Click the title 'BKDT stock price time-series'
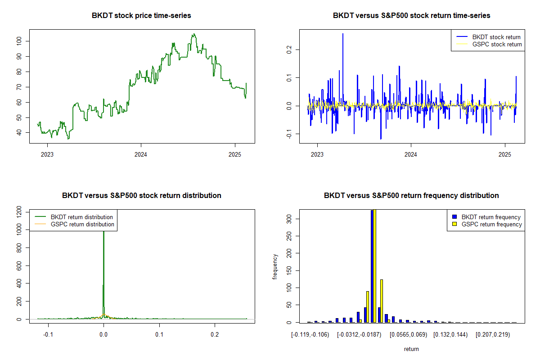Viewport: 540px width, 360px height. pos(141,16)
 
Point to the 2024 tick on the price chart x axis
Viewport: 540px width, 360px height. pos(141,153)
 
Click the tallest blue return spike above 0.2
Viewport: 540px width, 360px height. pos(343,34)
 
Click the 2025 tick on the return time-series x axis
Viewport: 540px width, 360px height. pos(504,153)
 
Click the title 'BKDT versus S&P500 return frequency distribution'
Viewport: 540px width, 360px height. pos(411,196)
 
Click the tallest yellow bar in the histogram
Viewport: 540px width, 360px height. pos(374,265)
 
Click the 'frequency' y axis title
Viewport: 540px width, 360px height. pos(275,266)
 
